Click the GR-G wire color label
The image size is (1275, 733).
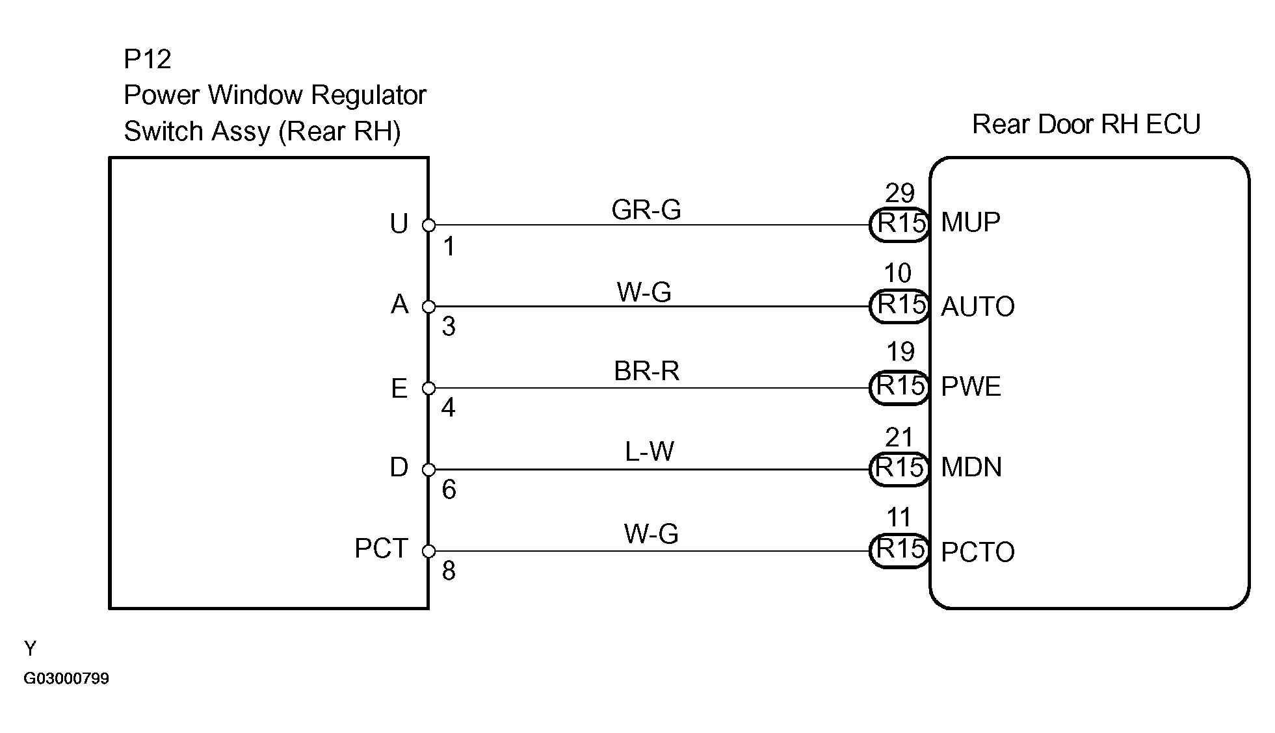tap(646, 209)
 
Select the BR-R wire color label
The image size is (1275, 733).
tap(647, 371)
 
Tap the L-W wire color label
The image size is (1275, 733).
tap(650, 451)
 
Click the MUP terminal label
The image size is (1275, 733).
tap(971, 223)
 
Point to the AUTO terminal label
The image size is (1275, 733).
tap(978, 307)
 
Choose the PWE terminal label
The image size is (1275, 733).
tap(971, 387)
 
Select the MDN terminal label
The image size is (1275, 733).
tap(971, 467)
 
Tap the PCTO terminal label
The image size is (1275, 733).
tap(978, 552)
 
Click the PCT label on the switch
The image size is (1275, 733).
tap(381, 548)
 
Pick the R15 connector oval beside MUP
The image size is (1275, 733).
tap(899, 224)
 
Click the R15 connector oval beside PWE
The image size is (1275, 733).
tap(899, 387)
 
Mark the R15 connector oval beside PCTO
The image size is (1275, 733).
tap(899, 550)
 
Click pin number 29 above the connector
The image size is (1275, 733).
tap(900, 193)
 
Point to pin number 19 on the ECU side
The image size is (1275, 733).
tap(900, 352)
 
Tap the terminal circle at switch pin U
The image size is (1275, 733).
tap(428, 225)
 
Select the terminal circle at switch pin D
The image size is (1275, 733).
tap(428, 469)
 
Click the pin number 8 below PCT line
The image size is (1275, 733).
tap(449, 571)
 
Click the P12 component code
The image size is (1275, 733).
tap(148, 59)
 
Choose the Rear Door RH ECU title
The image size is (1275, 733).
tap(1086, 124)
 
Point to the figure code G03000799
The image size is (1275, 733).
tap(66, 678)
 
